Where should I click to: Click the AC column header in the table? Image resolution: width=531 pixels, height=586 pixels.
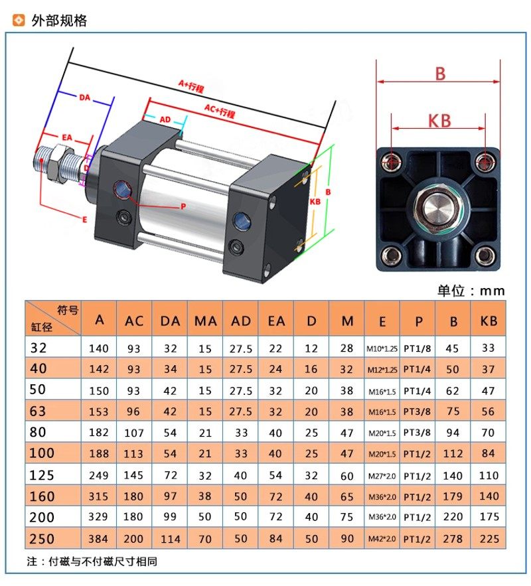[134, 321]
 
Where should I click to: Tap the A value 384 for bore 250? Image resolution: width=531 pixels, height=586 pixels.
[98, 538]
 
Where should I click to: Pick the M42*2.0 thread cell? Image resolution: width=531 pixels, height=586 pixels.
[382, 539]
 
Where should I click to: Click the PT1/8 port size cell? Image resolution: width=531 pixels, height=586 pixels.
[417, 348]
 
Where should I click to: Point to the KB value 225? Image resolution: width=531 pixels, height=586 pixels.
[489, 538]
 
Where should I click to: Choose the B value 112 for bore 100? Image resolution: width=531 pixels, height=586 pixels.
[453, 454]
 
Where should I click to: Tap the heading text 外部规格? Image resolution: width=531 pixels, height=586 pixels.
[59, 21]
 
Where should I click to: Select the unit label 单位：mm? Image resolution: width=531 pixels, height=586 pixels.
[471, 291]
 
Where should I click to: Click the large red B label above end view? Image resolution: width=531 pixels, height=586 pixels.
[440, 74]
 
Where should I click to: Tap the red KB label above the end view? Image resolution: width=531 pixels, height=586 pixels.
[439, 121]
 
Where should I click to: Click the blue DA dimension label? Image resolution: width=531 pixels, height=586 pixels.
[84, 98]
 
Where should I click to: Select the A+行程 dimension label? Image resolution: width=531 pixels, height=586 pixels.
[191, 86]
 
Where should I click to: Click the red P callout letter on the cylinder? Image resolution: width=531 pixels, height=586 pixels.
[183, 206]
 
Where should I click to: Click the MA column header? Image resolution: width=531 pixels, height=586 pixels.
[205, 321]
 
